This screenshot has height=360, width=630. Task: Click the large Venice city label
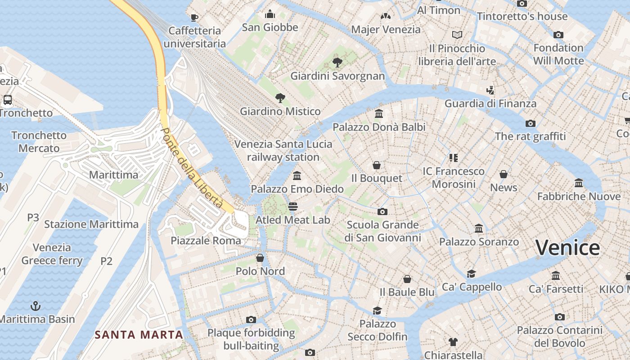click(x=567, y=248)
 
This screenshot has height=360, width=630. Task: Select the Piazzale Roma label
click(x=206, y=241)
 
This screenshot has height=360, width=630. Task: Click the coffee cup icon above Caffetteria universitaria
click(x=194, y=18)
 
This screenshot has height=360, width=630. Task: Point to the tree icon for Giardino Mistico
click(x=280, y=98)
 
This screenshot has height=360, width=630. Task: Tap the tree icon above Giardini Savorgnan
click(x=337, y=63)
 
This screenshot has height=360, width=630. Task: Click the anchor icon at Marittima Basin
click(x=35, y=306)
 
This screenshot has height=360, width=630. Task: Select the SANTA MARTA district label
click(x=139, y=335)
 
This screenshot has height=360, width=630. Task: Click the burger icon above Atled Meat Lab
click(x=293, y=207)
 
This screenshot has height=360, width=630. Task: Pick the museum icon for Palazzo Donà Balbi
click(x=379, y=113)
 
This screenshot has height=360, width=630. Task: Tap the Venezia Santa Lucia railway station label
click(x=283, y=151)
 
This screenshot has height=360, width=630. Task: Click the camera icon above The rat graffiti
click(x=530, y=123)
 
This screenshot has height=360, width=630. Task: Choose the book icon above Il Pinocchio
click(x=457, y=35)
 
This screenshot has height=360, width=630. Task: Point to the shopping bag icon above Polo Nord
click(x=260, y=258)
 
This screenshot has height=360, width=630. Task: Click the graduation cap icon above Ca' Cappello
click(x=471, y=274)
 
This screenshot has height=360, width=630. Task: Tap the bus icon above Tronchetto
click(x=8, y=100)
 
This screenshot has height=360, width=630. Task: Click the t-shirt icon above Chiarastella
click(x=453, y=342)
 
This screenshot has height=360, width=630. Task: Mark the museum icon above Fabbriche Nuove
click(x=579, y=183)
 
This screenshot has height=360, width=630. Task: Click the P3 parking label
click(x=33, y=218)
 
